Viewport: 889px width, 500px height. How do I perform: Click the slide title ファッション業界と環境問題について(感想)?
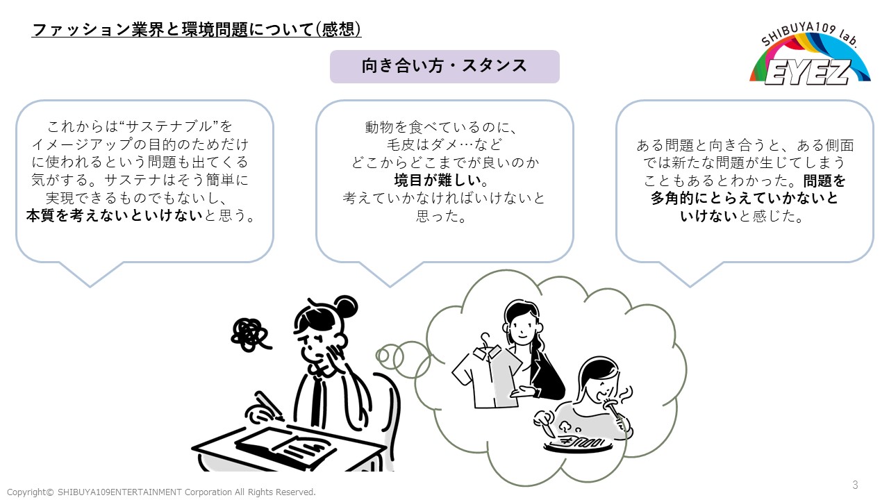[x=197, y=30]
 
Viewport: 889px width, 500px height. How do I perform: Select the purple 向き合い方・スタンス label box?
[x=444, y=66]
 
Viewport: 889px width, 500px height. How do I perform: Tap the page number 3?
[x=855, y=485]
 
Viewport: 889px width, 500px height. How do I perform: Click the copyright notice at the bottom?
[x=161, y=492]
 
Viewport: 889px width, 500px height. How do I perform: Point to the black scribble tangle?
[x=250, y=333]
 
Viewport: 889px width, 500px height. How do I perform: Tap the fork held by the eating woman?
[x=617, y=410]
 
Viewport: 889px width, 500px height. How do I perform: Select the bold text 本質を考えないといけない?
[x=115, y=216]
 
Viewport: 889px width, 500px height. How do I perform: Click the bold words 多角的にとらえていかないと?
[x=745, y=199]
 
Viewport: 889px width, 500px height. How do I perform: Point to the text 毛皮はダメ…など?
[x=444, y=145]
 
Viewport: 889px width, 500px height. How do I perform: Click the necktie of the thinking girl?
[x=316, y=399]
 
